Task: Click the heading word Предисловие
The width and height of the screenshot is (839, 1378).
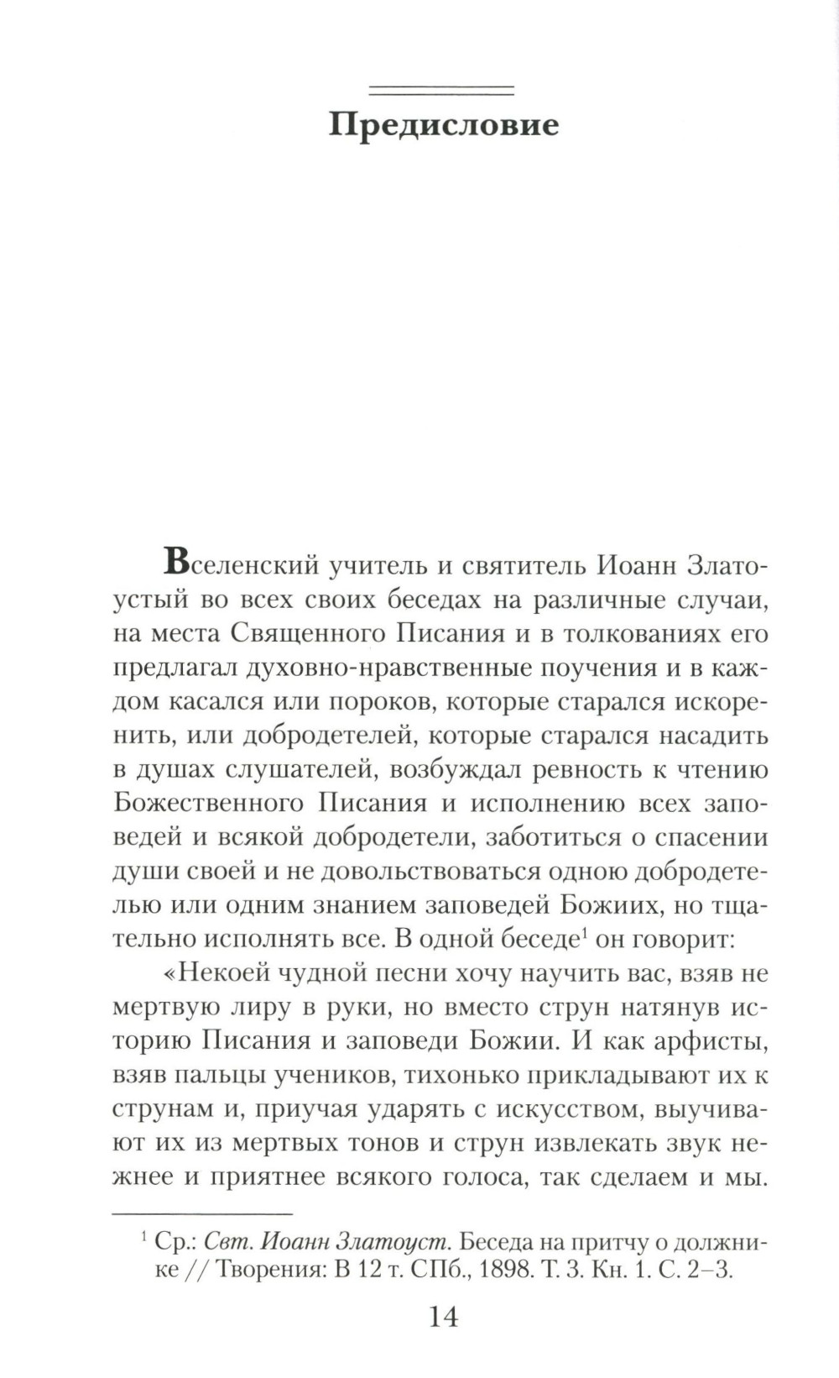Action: [x=443, y=125]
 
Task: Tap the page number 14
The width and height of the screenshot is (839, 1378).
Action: [x=444, y=1316]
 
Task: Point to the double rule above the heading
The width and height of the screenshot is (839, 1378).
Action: [x=442, y=89]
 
